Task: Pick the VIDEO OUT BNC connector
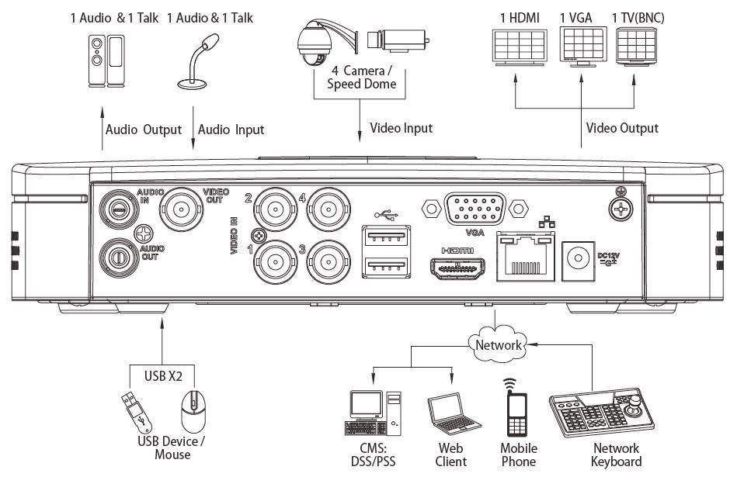pyautogui.click(x=182, y=208)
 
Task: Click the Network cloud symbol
pyautogui.click(x=499, y=344)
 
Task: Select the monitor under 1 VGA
pyautogui.click(x=580, y=47)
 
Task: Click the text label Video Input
pyautogui.click(x=401, y=127)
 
